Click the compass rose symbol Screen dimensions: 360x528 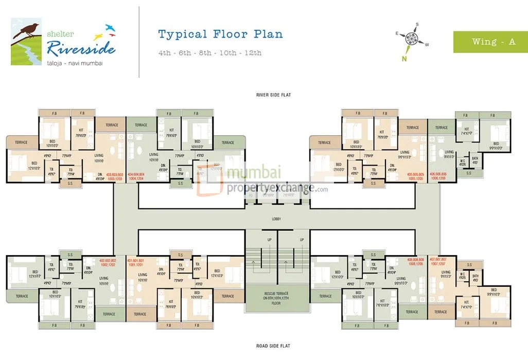[411, 38]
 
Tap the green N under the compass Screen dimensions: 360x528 [404, 58]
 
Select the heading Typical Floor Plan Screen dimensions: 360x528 [220, 34]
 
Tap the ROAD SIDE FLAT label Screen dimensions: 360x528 [273, 346]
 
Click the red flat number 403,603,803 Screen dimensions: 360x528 [114, 175]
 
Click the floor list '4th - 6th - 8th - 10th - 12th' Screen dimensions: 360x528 [210, 52]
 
